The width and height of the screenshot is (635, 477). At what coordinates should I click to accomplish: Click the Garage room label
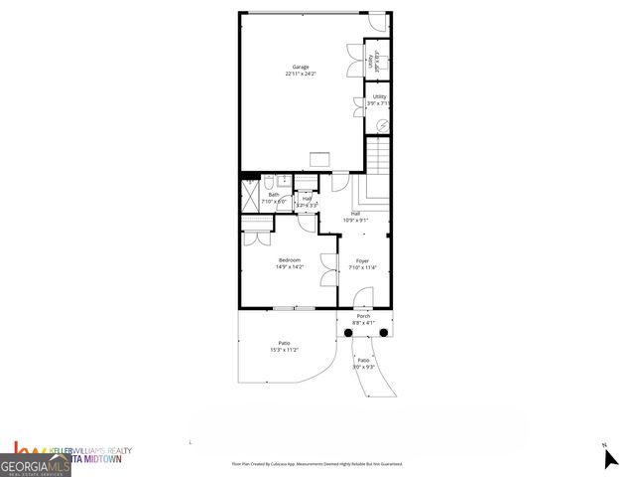(300, 67)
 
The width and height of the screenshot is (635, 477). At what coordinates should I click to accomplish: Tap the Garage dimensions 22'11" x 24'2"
(300, 74)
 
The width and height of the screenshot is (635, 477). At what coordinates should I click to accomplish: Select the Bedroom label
(289, 260)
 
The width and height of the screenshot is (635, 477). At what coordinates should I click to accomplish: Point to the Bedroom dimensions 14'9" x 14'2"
(289, 266)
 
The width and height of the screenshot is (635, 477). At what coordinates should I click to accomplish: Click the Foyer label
(363, 260)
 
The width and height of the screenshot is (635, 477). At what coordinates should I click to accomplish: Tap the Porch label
(364, 316)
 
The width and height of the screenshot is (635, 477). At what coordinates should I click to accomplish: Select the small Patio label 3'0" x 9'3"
(364, 363)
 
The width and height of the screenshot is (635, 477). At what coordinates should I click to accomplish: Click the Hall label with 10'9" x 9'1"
(355, 215)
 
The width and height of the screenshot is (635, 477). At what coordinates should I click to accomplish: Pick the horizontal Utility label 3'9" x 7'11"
(379, 98)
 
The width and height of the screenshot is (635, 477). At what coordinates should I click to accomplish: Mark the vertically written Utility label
(370, 60)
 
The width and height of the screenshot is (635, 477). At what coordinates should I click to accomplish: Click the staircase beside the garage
(380, 157)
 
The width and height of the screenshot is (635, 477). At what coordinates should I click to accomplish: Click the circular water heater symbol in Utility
(383, 125)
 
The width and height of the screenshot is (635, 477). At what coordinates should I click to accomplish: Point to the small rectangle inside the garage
(319, 159)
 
